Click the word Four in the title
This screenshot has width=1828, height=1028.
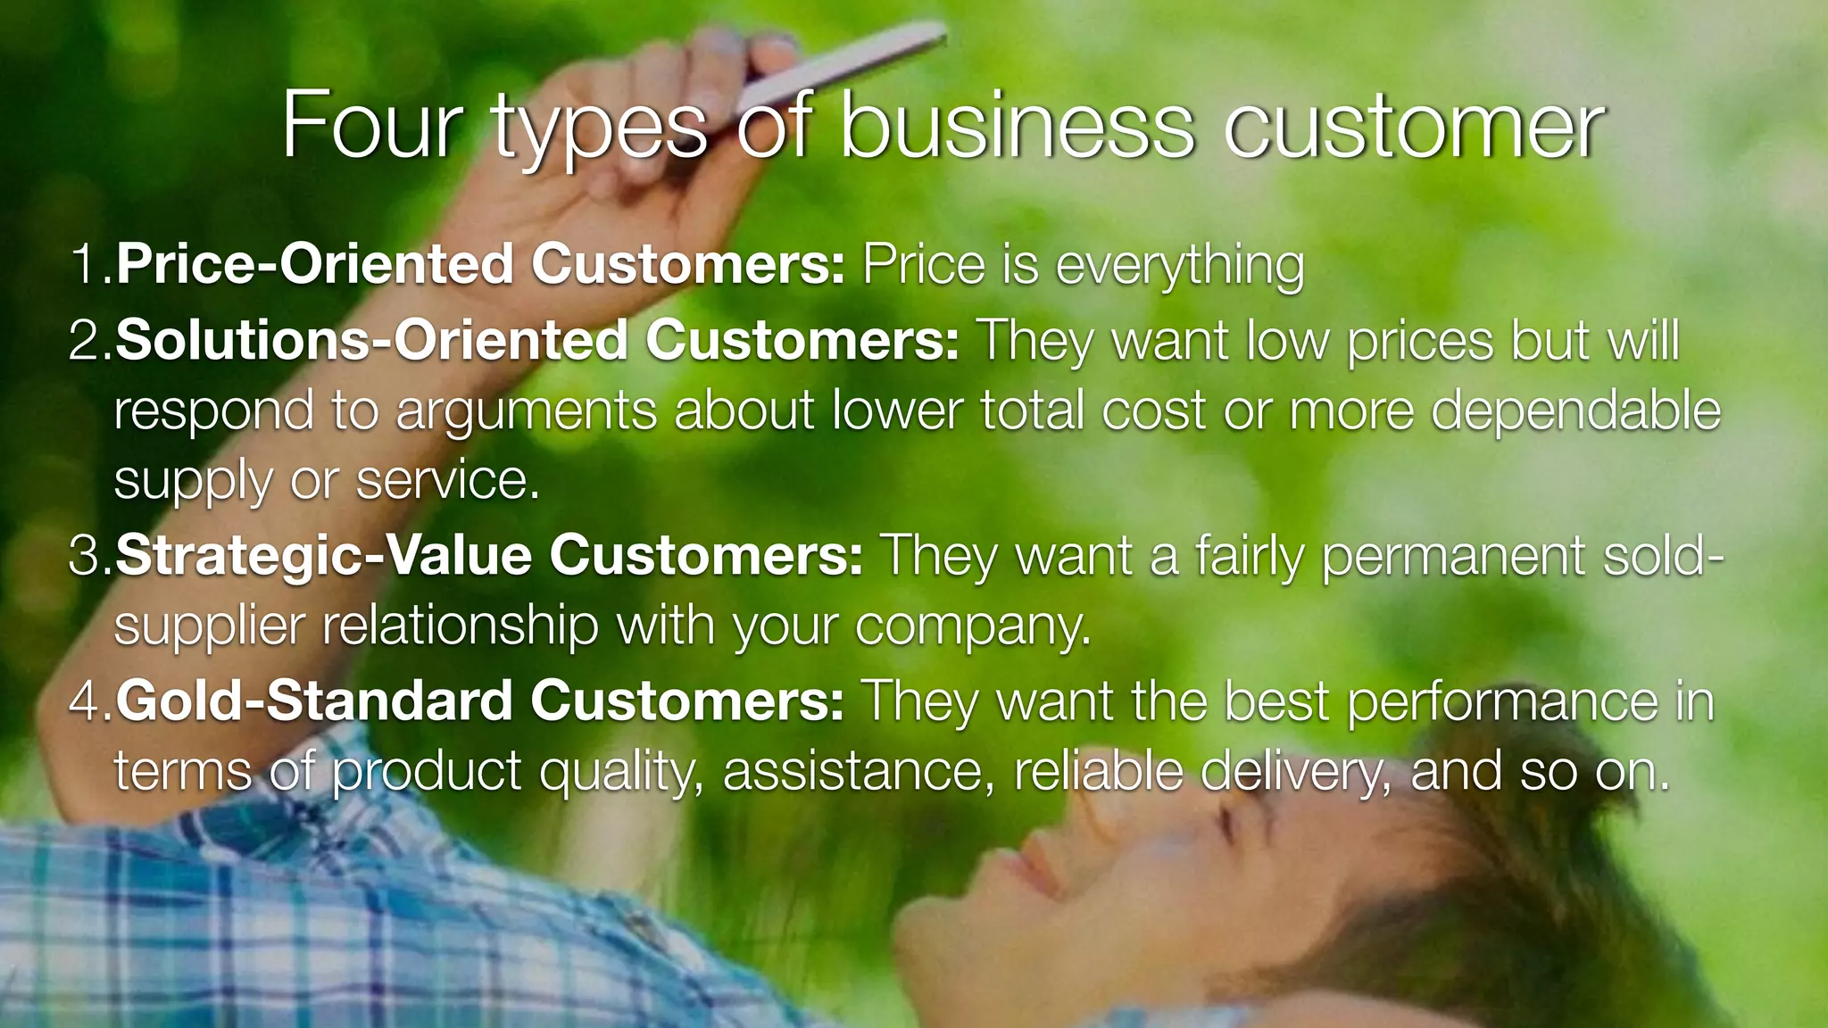372,127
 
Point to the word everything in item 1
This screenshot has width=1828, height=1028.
1180,266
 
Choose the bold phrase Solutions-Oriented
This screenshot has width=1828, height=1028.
371,341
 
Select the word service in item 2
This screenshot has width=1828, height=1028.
446,481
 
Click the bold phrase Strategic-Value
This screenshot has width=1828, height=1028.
324,555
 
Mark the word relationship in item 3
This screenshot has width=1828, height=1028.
461,625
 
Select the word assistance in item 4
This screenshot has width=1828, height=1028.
858,771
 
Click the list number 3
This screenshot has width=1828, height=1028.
87,555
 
